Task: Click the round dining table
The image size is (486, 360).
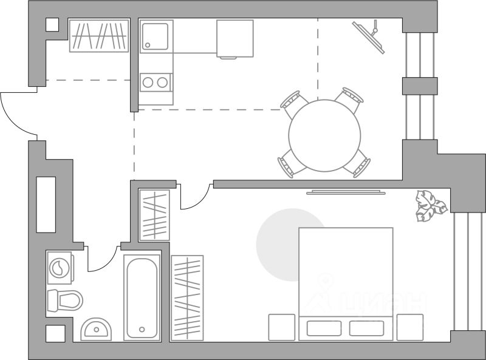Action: click(324, 134)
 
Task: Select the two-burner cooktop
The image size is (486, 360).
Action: click(156, 82)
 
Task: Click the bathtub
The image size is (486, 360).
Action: click(142, 297)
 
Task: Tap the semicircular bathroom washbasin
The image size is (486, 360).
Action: click(96, 329)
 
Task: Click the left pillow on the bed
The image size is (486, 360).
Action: click(324, 328)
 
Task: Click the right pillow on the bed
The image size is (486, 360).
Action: click(366, 328)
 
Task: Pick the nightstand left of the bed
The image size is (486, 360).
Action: click(281, 327)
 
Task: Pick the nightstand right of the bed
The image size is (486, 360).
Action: click(409, 327)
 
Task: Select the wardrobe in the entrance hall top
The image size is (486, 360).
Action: click(99, 36)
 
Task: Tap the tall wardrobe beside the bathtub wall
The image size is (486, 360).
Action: click(187, 297)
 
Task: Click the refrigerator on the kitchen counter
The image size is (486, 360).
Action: click(234, 38)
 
